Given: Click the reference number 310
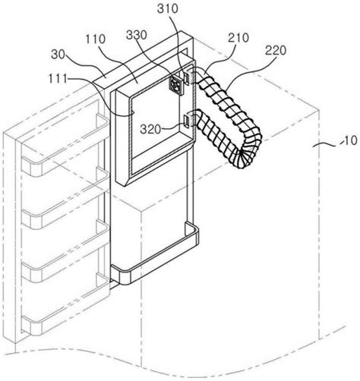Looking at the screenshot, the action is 168,9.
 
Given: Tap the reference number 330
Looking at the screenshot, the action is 137,35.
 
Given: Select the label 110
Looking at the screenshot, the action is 96,39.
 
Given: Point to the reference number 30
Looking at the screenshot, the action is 58,55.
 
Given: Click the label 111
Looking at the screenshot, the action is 58,79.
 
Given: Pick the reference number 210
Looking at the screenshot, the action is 238,38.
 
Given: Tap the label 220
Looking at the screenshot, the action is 276,51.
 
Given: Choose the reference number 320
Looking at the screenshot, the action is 150,129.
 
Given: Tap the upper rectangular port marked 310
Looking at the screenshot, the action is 188,78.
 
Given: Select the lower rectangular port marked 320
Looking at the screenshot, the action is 188,121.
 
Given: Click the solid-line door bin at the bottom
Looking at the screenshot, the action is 154,256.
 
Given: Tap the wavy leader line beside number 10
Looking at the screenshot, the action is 327,144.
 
